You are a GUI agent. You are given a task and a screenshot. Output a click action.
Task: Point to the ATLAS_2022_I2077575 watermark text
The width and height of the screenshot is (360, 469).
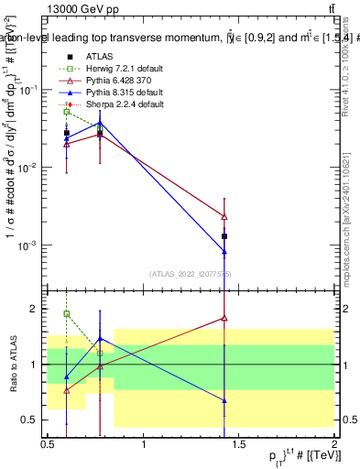pos(191,273)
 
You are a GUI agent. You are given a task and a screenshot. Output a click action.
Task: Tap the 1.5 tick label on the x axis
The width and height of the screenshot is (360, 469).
pos(238,445)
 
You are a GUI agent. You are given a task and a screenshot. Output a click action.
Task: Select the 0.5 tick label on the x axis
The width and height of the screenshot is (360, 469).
pos(48,445)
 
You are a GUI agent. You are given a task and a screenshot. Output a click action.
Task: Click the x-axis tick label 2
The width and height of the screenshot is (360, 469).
pos(333,445)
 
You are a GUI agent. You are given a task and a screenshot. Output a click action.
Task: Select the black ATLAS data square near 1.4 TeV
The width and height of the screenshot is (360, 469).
pos(224,236)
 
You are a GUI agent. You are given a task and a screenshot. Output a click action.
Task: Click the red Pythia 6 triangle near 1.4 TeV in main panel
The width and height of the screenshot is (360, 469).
pos(224,216)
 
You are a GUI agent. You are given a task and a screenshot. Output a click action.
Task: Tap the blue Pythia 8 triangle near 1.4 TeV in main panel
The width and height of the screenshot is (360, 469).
pos(224,251)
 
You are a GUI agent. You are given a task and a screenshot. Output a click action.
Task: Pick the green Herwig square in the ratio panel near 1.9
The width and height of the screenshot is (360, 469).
pos(67,313)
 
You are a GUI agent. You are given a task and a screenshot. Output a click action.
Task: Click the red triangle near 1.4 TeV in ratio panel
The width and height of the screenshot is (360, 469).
pos(224,318)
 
